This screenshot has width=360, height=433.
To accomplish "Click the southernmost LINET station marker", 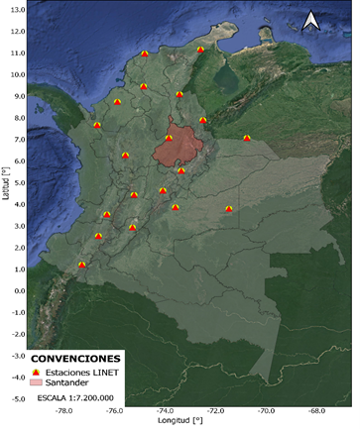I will pos(82,265).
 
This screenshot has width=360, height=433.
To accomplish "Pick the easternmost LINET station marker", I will pos(247,138).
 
